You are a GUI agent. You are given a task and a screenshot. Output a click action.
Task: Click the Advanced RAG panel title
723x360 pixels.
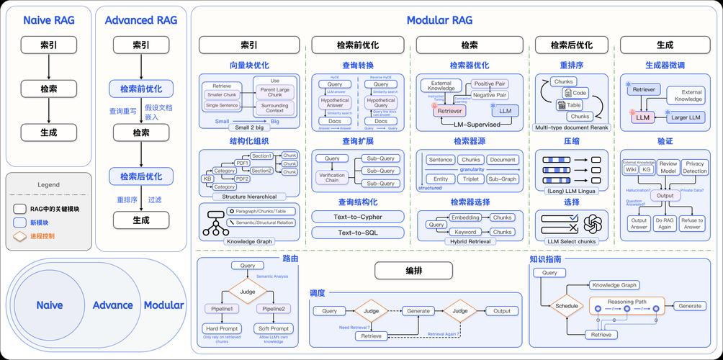pos(140,20)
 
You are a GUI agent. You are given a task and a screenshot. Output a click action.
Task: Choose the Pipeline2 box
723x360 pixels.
pos(271,308)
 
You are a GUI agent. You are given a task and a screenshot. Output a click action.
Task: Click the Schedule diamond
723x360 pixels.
pos(567,306)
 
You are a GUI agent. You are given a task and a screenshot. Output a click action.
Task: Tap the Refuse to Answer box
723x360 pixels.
pos(692,223)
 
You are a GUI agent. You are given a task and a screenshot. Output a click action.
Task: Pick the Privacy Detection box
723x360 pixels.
pos(695,168)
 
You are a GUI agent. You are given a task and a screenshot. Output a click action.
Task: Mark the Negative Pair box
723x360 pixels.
pos(490,94)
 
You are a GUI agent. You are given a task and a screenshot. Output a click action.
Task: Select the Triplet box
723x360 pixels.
pos(471,179)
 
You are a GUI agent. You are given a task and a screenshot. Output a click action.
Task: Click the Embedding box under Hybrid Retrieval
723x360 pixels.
pos(465,217)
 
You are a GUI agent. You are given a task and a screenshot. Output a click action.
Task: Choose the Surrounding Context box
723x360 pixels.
pos(274,107)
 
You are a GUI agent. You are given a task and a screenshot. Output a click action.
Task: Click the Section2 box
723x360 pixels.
pos(261,171)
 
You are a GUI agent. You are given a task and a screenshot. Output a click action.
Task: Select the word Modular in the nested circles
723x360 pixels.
pos(163,305)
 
